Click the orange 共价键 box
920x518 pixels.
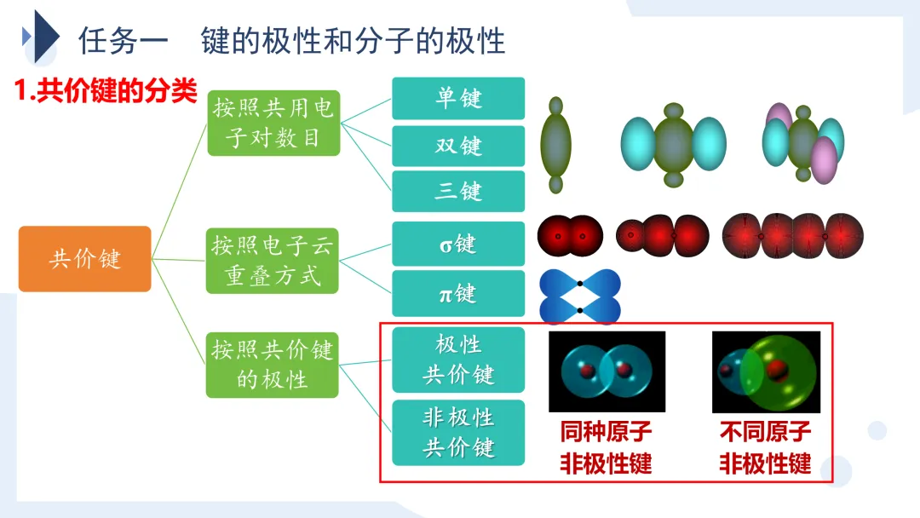pos(84,259)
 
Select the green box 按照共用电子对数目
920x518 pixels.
pos(273,123)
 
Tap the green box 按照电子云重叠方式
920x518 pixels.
pos(273,260)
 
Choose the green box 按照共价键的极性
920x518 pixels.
pos(273,364)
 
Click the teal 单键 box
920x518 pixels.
pos(458,98)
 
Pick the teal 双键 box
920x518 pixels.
pos(458,146)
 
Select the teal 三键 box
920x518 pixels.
pos(458,191)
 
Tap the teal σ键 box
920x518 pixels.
pos(458,244)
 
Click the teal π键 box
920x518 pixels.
pos(458,293)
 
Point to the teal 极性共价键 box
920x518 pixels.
pos(458,360)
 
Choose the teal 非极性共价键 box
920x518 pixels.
pos(458,433)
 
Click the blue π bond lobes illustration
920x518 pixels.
pos(580,295)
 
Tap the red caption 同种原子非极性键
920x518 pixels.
pos(606,448)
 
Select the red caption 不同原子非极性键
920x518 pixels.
pos(765,448)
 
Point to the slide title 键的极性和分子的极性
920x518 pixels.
pos(354,40)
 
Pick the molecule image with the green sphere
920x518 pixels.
pos(766,371)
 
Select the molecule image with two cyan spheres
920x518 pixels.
pos(607,371)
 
